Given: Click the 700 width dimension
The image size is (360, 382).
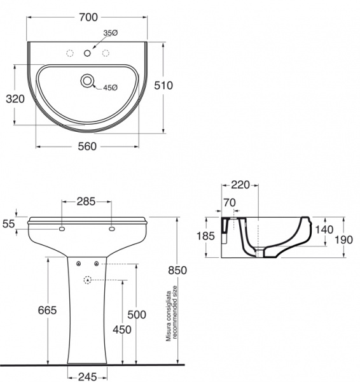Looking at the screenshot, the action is coord(88,17).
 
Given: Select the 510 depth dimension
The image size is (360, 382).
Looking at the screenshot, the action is coord(163,85).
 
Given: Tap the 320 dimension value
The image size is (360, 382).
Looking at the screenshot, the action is coord(15,99).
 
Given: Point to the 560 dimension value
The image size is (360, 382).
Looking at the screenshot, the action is coord(87,146).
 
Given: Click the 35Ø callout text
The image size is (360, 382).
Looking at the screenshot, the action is coord(111,33).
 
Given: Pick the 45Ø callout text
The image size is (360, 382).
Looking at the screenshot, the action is coord(110,88).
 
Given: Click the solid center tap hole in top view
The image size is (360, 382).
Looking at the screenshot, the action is coord(87,53).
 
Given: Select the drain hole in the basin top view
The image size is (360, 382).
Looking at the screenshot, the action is coord(87,81).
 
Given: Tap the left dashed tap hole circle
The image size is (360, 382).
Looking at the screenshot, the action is coord(70,53).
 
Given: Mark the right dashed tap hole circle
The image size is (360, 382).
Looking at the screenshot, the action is coord(106,53).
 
